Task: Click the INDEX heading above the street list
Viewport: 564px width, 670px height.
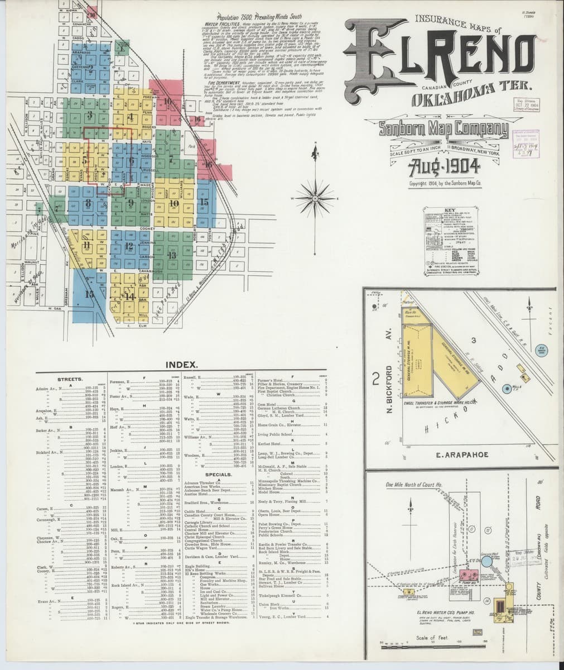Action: coord(181,365)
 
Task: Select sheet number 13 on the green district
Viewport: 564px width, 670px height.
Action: coord(172,255)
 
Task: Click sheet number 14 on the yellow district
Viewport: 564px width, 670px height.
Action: coord(130,296)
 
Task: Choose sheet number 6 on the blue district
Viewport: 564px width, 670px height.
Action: coord(132,161)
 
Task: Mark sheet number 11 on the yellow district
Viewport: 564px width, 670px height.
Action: coord(86,245)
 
